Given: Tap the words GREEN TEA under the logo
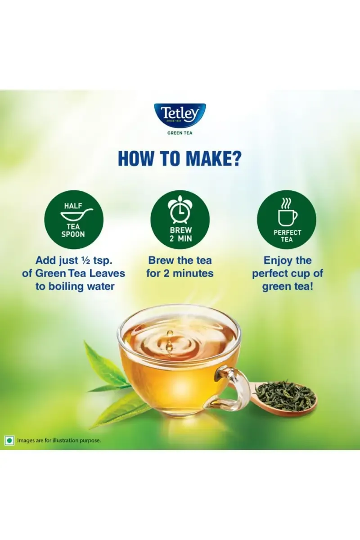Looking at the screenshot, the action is click(180, 133).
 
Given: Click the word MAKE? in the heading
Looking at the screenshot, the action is click(213, 158).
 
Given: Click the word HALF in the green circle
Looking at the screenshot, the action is click(73, 206).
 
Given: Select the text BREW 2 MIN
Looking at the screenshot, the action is click(180, 234).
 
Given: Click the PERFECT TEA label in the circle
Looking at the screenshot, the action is click(287, 236).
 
